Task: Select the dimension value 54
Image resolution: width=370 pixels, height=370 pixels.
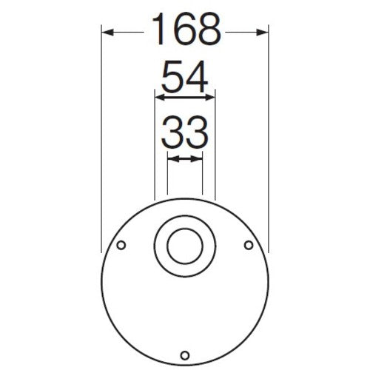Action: pos(184,77)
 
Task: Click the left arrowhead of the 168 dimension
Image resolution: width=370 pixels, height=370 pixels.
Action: pos(106,32)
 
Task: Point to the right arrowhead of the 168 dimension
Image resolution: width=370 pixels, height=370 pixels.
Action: pos(263,32)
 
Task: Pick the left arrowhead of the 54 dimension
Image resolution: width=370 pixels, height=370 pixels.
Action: pos(158,95)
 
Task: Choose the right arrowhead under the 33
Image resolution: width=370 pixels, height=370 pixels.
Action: pos(197,158)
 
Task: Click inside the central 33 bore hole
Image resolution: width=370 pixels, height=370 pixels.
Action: pos(184,247)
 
